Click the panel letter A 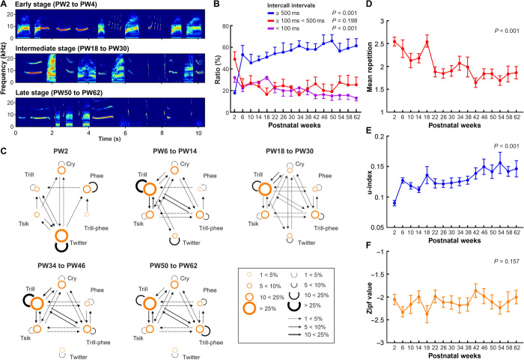(4, 5)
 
